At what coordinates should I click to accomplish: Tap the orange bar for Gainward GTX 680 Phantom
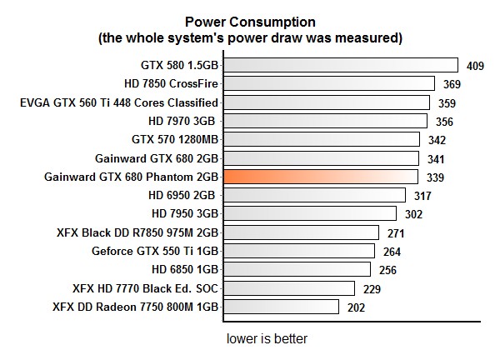click(x=320, y=177)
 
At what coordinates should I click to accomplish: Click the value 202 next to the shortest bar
click(x=357, y=307)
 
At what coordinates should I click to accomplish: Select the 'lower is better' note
click(x=267, y=340)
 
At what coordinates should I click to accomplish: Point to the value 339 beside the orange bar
click(x=435, y=177)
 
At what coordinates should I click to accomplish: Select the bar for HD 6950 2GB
click(x=314, y=195)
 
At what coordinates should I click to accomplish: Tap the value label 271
click(x=397, y=233)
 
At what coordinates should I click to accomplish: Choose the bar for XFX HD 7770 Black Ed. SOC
click(x=288, y=288)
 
